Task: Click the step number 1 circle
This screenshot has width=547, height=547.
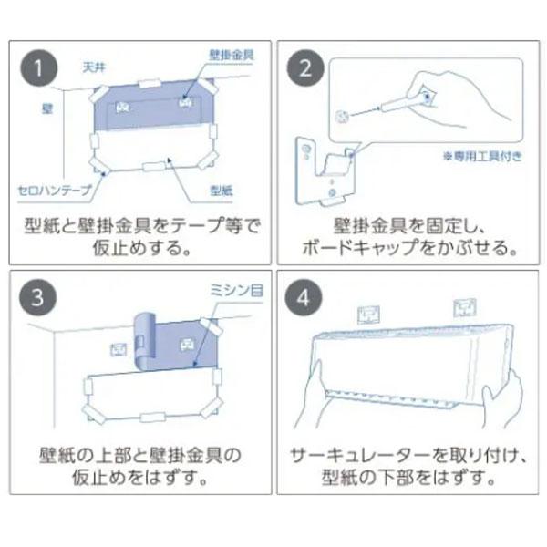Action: point(39,68)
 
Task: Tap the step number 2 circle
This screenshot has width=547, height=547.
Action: point(305,68)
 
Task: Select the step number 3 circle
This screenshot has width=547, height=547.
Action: point(37,297)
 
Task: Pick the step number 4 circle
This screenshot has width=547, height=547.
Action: point(304,297)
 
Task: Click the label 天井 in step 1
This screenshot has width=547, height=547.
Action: point(94,67)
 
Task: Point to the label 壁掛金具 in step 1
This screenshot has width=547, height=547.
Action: point(231,55)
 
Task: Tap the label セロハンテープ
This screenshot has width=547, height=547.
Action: point(55,191)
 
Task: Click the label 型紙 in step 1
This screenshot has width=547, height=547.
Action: point(222,191)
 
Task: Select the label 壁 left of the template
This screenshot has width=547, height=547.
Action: point(47,108)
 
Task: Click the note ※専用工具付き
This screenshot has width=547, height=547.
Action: point(482,156)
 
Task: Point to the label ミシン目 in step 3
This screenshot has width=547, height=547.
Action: point(236,290)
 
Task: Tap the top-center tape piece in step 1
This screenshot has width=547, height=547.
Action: point(150,84)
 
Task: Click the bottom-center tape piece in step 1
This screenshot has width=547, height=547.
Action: point(154,167)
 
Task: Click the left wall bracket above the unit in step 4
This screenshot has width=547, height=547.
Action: point(368,315)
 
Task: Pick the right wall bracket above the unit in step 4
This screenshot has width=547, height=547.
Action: point(465,308)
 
